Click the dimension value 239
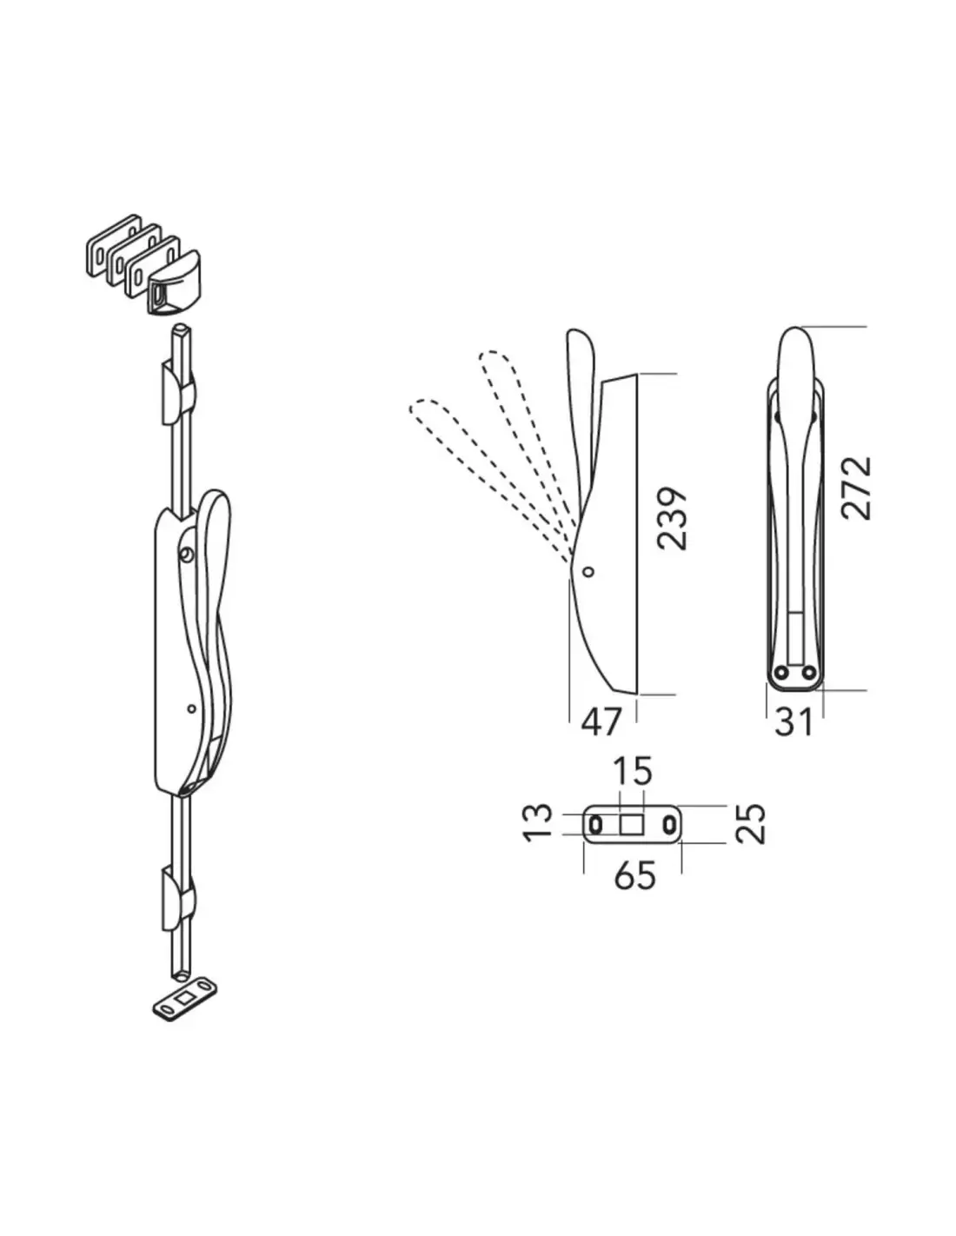672,519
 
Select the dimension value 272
856,488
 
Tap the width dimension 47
602,721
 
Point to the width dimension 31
794,721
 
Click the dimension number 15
632,770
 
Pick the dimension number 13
539,821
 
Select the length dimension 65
634,875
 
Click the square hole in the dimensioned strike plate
632,823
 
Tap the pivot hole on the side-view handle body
588,571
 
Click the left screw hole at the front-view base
780,672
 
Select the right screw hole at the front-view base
808,672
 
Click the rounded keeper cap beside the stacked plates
173,286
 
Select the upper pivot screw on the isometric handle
186,554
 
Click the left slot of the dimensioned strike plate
595,823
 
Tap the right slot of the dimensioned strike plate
669,823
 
